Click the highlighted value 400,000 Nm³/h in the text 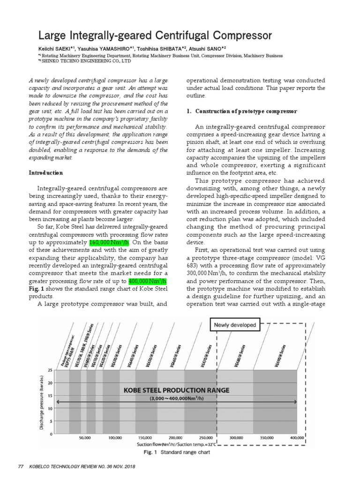click(x=147, y=280)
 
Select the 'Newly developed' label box click(x=235, y=325)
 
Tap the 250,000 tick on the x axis click(x=206, y=437)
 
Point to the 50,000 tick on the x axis click(x=85, y=437)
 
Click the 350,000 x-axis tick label click(x=267, y=437)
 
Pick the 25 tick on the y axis click(x=50, y=370)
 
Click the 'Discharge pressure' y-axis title click(x=42, y=402)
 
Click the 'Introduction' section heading click(x=46, y=173)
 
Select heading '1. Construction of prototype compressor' click(x=242, y=111)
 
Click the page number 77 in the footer click(x=20, y=466)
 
